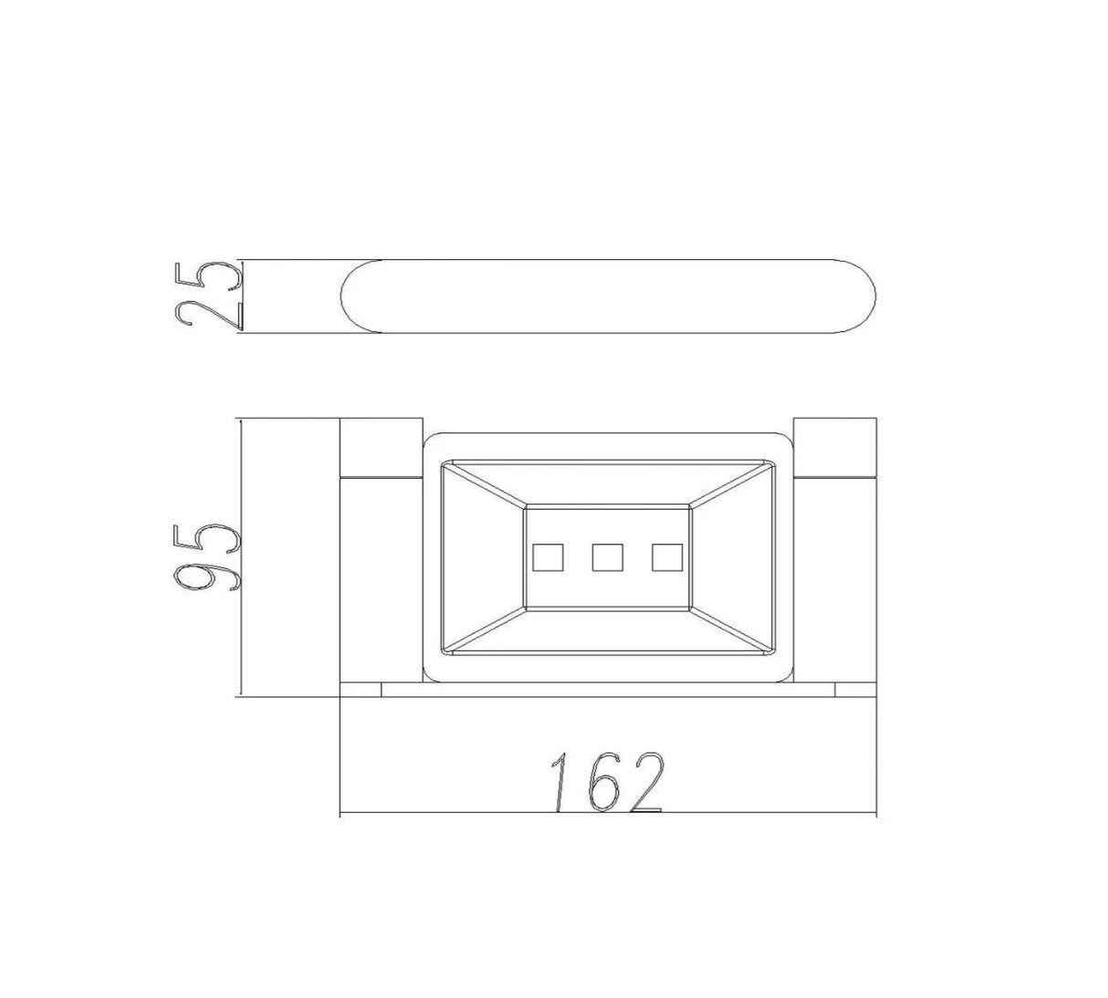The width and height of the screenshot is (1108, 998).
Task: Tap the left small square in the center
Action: (x=548, y=557)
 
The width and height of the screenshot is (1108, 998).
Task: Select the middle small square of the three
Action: (x=608, y=557)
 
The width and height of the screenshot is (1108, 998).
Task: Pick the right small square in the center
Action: (x=667, y=557)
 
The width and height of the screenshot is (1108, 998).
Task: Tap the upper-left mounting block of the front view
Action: (x=382, y=447)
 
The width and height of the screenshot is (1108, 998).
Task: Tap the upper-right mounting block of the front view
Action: (x=834, y=447)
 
